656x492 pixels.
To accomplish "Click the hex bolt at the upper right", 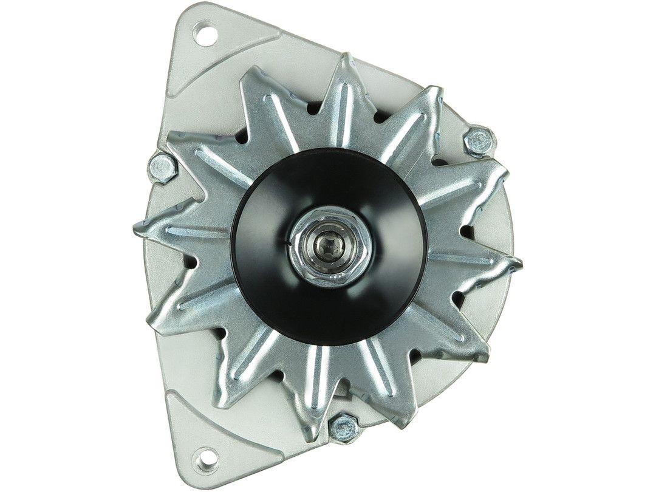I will pyautogui.click(x=479, y=141).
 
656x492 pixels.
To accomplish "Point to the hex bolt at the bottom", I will pyautogui.click(x=343, y=426).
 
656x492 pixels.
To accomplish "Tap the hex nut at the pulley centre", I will pyautogui.click(x=329, y=245).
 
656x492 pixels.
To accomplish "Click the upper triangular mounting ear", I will pyautogui.click(x=200, y=55).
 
